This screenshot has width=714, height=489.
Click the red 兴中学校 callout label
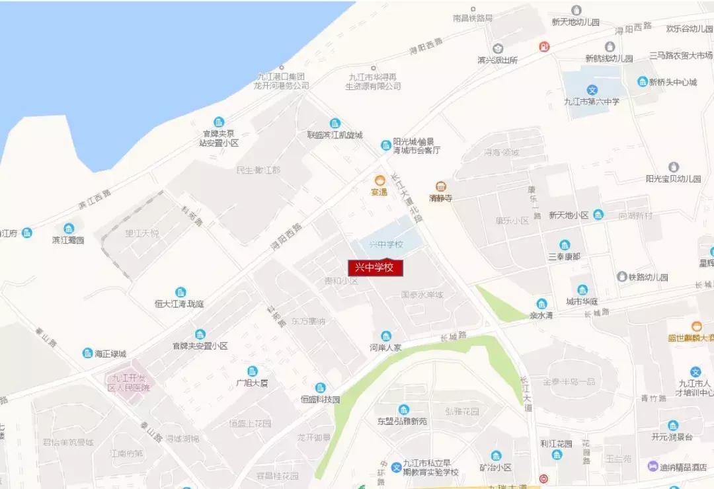point(375,268)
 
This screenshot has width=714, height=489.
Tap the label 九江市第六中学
point(592,102)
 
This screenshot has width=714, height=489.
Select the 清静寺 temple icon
point(440,186)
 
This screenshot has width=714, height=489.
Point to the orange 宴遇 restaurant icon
point(380,180)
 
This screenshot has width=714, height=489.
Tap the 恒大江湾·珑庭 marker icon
point(180,292)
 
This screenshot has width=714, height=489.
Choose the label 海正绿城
point(110,354)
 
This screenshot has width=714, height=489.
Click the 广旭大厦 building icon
point(252,371)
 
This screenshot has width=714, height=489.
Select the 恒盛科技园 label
point(320,400)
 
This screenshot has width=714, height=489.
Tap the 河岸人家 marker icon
point(386,336)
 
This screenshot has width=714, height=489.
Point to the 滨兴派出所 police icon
point(497,48)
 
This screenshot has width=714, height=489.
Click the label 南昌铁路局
point(473,18)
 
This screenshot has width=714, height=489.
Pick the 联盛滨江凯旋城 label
point(335,135)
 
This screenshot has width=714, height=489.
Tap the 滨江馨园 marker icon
point(69,228)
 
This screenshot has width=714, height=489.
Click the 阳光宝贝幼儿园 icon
point(673,167)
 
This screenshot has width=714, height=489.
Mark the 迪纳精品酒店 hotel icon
point(653,466)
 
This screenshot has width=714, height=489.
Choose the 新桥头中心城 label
point(673,83)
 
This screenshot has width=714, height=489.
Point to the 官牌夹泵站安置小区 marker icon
point(219,122)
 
